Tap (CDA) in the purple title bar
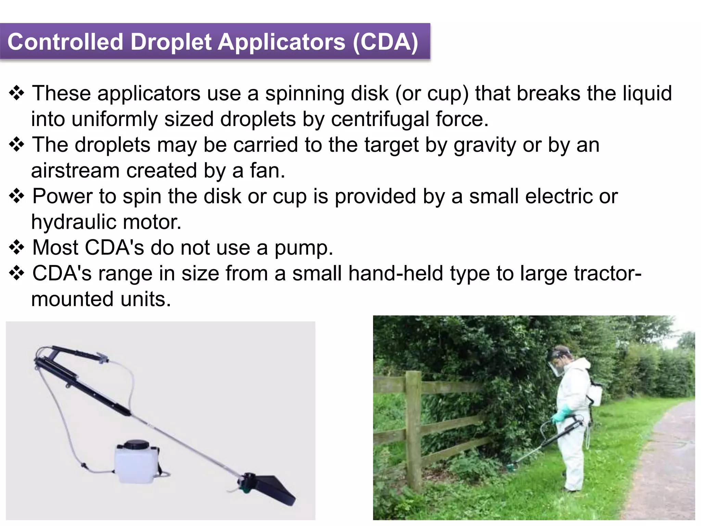[x=385, y=42]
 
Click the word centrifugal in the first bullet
[x=380, y=119]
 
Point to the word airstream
[x=75, y=171]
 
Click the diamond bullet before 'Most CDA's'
[x=16, y=247]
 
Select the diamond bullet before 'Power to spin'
[x=16, y=196]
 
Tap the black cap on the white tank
[x=136, y=444]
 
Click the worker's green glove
[x=558, y=415]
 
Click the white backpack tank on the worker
[x=596, y=394]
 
